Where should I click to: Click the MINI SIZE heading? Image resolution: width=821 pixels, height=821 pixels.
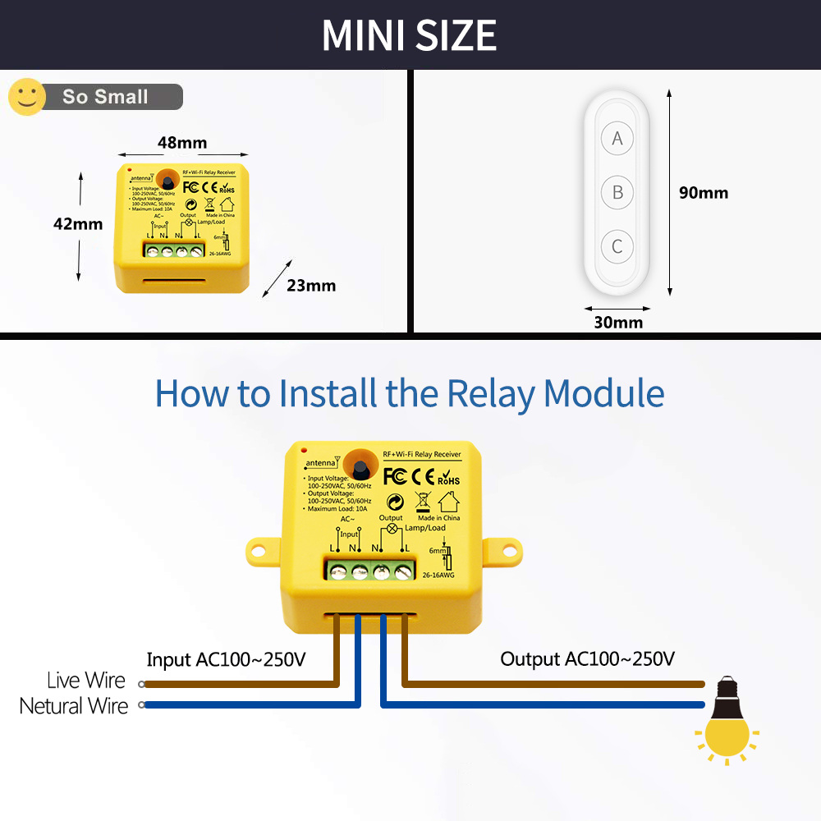(409, 35)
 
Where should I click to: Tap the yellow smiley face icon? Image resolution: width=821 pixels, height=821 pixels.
(27, 97)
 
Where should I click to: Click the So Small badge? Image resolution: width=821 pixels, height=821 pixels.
(105, 97)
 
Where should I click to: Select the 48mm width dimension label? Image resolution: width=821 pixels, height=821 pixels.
(182, 143)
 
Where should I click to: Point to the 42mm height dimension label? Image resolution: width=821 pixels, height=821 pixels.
(79, 223)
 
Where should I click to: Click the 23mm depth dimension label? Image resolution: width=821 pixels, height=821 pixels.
(311, 286)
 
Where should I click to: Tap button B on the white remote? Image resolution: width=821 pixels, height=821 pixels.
(617, 193)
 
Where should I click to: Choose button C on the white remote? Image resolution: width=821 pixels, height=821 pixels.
(617, 246)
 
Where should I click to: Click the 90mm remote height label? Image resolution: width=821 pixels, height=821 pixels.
(704, 193)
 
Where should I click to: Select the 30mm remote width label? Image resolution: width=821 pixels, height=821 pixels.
(618, 322)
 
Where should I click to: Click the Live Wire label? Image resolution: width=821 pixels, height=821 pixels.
(86, 681)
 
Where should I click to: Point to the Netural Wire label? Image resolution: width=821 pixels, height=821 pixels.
(74, 706)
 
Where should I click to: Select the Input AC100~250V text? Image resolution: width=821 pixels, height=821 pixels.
(226, 659)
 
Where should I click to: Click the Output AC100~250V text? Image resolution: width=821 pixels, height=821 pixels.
(588, 659)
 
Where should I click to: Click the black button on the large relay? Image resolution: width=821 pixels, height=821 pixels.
(362, 464)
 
